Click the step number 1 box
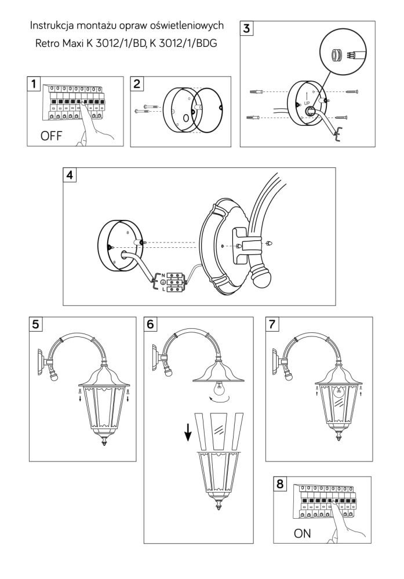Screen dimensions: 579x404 35,85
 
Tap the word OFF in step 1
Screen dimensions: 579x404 51,137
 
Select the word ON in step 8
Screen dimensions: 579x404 303,534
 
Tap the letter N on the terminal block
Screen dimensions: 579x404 162,274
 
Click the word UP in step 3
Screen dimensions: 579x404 307,102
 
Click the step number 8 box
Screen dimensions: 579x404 280,483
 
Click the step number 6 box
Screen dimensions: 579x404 151,324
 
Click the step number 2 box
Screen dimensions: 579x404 137,85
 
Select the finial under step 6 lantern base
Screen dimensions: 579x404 219,507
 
